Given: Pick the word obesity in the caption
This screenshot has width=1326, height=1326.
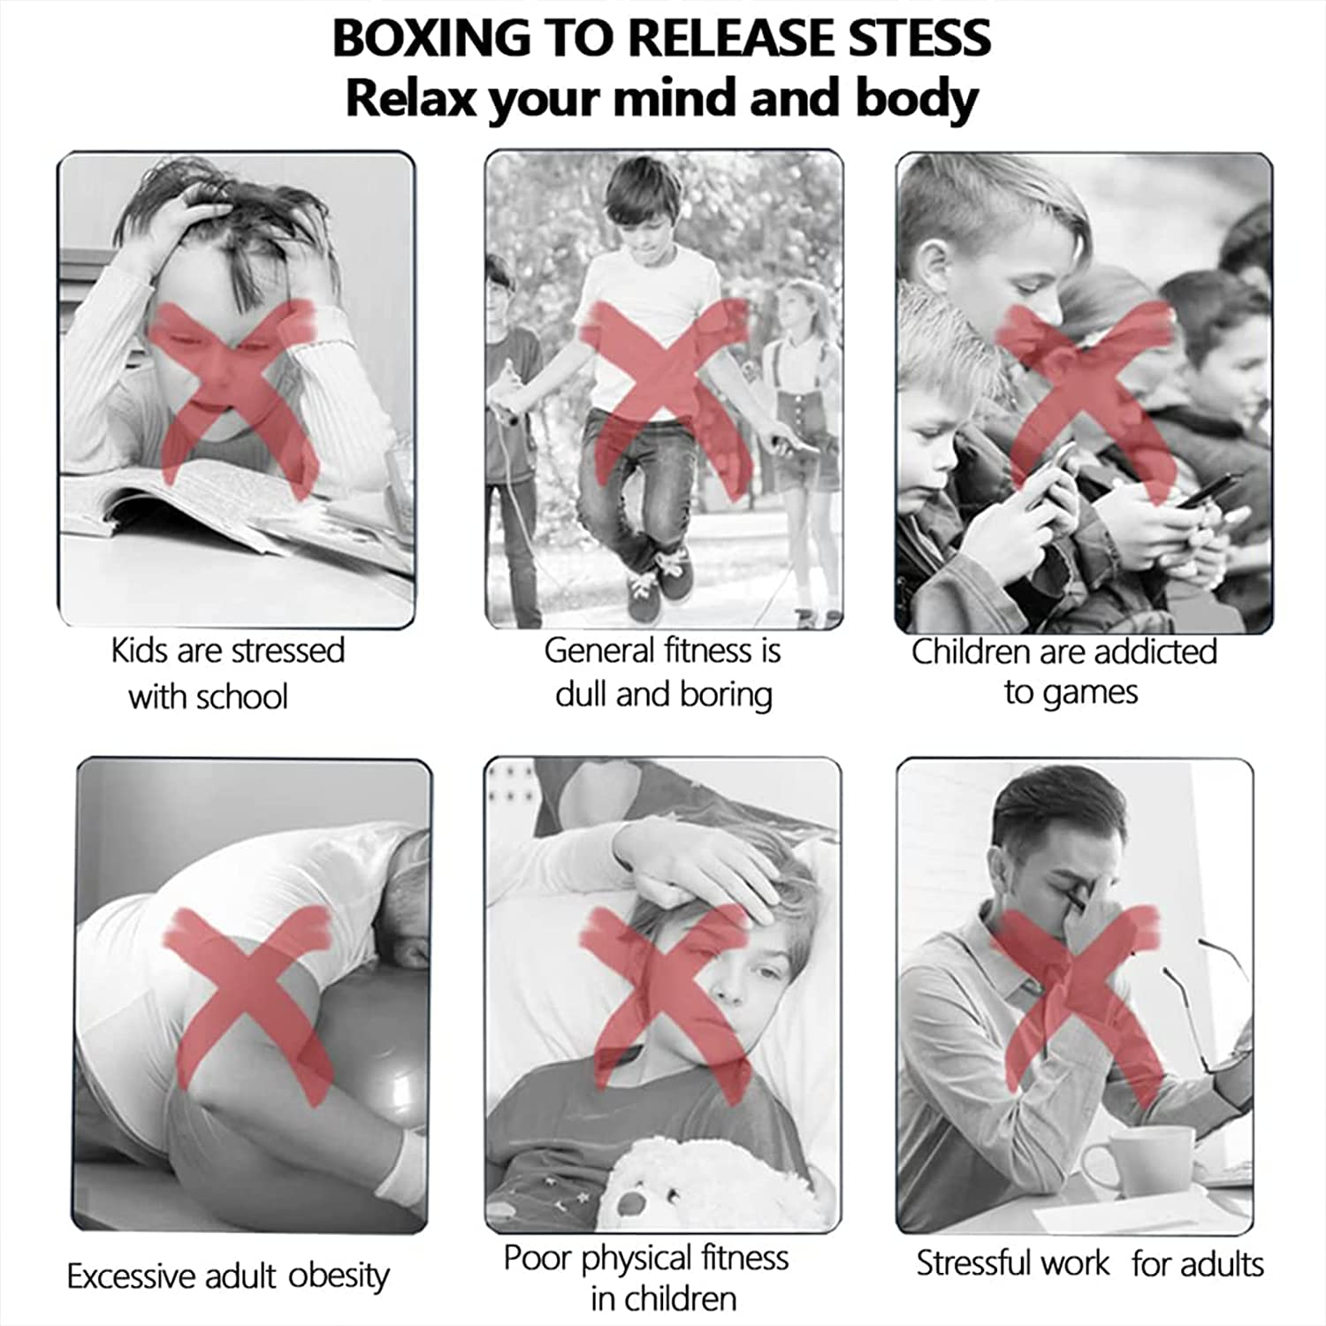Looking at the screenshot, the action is tap(339, 1276).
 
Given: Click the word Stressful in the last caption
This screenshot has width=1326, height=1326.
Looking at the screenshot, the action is tap(1012, 1263).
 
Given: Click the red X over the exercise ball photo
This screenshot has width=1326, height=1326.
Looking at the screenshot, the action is tap(249, 1006).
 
